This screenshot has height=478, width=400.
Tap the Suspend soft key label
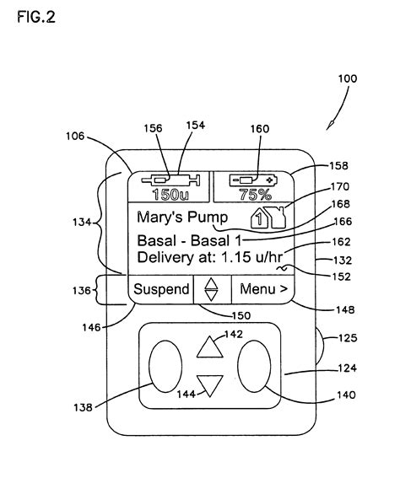tap(162, 289)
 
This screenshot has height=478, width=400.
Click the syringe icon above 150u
tap(171, 180)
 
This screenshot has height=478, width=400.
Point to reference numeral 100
tap(347, 79)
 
